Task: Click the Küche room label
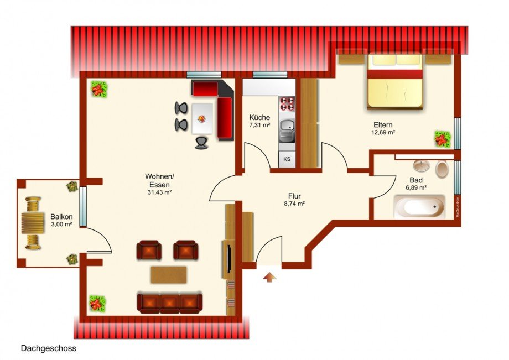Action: point(259,117)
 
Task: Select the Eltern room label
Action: point(383,124)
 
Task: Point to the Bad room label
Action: point(416,180)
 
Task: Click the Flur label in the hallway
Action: point(294,196)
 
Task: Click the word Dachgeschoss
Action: point(49,348)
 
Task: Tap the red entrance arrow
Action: point(269,276)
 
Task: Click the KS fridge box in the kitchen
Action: point(287,159)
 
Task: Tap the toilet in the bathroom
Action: point(442,169)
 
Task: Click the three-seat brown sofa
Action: point(169,302)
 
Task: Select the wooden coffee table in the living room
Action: point(169,274)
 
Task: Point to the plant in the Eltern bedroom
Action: point(442,139)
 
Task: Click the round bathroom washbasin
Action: point(422,165)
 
